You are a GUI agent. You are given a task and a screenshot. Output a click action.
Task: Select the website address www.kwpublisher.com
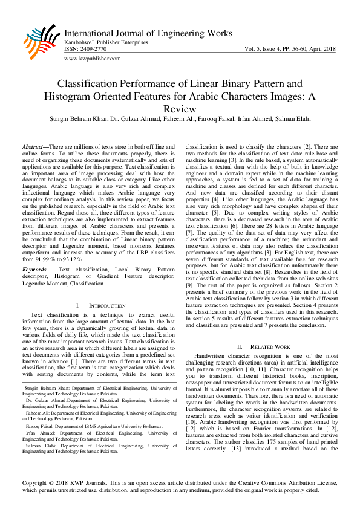pyautogui.click(x=91, y=59)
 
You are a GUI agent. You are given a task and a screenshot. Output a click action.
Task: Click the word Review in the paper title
pyautogui.click(x=180, y=109)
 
